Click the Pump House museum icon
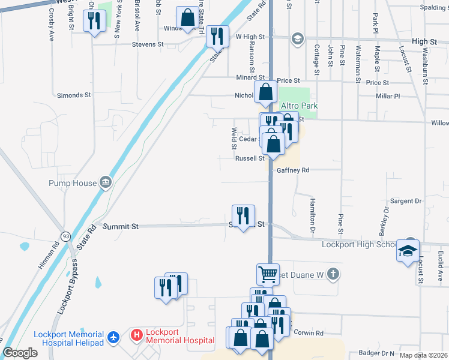click(106, 181)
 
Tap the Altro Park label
click(298, 106)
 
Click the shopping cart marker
click(268, 274)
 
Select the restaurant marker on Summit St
click(243, 217)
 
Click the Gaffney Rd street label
click(293, 170)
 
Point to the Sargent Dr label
click(406, 200)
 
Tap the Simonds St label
click(73, 95)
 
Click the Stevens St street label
click(148, 44)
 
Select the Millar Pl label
click(388, 96)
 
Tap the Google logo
click(20, 353)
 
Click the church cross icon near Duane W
click(334, 275)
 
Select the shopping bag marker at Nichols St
click(265, 92)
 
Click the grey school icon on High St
click(297, 40)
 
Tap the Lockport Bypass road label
click(68, 288)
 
